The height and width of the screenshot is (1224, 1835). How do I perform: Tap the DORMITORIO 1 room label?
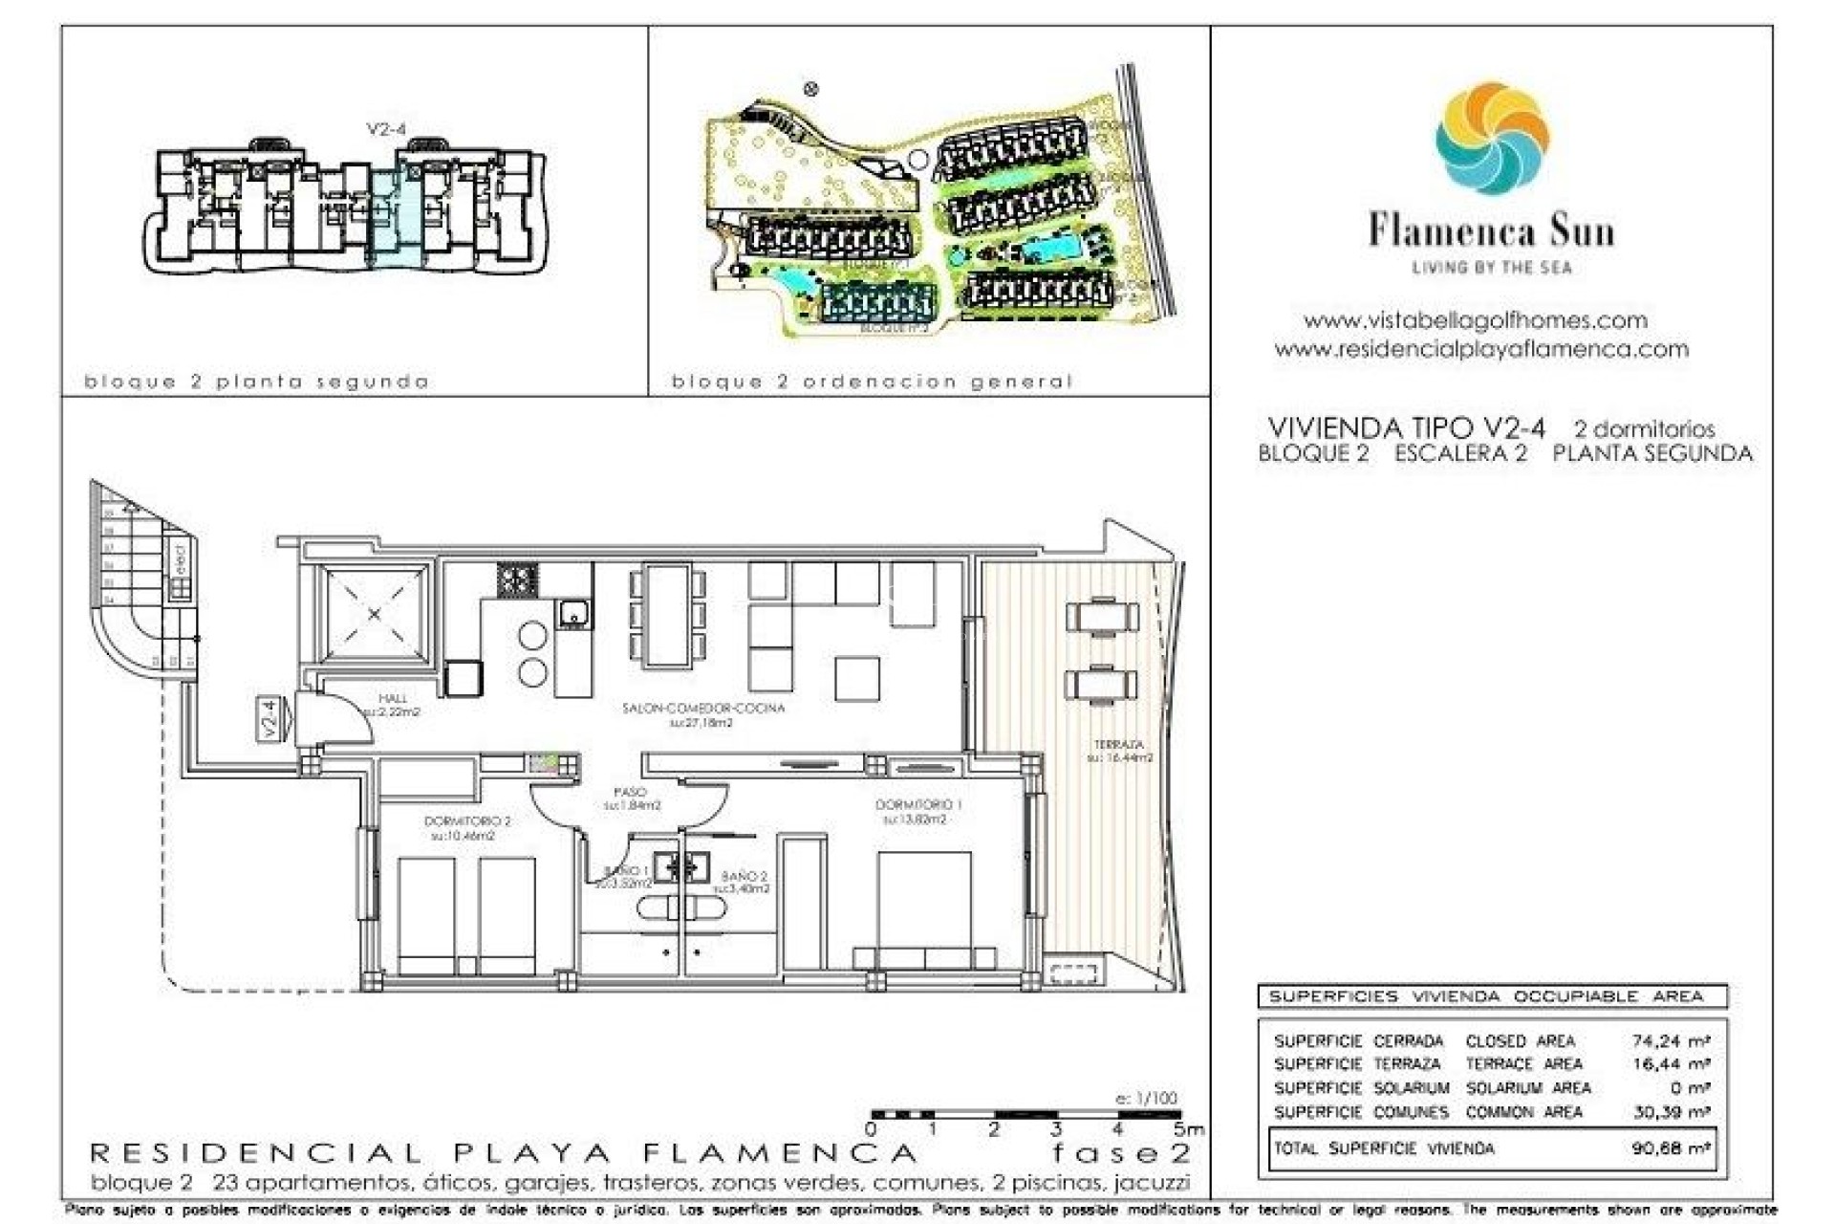click(917, 805)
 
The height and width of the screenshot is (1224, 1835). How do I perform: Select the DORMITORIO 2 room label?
click(467, 821)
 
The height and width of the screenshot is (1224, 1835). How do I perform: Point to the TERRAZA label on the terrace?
click(1119, 744)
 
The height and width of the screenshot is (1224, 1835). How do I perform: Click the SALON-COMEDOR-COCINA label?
click(702, 709)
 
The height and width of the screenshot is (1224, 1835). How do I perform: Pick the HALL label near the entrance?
click(392, 699)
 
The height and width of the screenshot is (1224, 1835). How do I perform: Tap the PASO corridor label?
click(630, 792)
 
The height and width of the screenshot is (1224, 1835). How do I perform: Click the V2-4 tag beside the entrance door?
click(270, 719)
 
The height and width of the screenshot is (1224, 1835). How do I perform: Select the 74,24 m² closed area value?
click(1670, 1040)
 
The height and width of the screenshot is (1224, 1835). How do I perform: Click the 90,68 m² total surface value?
click(1670, 1147)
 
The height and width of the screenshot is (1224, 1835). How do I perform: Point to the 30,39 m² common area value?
click(1670, 1112)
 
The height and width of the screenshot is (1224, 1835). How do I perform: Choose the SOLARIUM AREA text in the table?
click(1528, 1088)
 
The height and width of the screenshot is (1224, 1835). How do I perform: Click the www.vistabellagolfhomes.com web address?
click(1475, 320)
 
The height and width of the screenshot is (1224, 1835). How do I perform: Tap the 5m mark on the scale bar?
click(1191, 1130)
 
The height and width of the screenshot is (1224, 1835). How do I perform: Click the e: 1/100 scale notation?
click(1146, 1099)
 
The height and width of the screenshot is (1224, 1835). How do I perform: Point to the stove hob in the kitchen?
click(517, 579)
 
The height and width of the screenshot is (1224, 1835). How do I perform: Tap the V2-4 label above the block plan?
click(386, 130)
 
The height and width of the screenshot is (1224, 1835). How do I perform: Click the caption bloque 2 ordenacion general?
click(872, 382)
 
